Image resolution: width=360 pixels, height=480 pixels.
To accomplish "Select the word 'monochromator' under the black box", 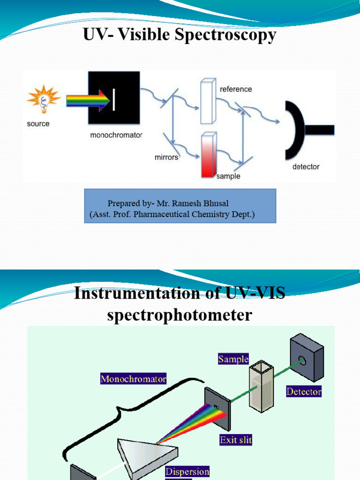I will click(116, 135).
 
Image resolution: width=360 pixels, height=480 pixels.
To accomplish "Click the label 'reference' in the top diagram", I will click(236, 89).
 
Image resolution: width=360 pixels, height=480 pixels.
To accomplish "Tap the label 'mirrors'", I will click(166, 157).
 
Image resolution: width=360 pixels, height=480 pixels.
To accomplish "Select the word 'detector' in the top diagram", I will click(306, 166).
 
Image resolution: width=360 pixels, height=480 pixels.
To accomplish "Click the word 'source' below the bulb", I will click(38, 124).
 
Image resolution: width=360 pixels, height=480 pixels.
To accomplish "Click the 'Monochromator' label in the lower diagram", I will click(134, 379).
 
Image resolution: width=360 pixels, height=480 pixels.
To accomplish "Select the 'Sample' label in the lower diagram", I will click(233, 360).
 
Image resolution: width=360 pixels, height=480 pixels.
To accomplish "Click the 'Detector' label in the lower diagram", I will click(304, 391).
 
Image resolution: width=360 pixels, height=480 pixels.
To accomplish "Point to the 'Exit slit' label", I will click(236, 440).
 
